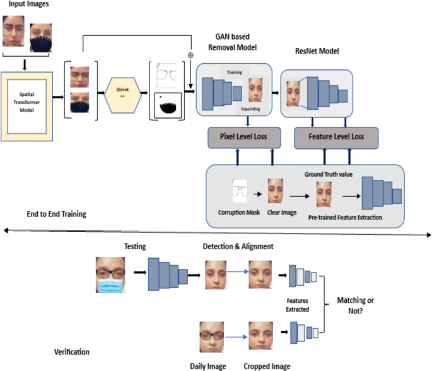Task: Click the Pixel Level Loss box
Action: (x=234, y=137)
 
